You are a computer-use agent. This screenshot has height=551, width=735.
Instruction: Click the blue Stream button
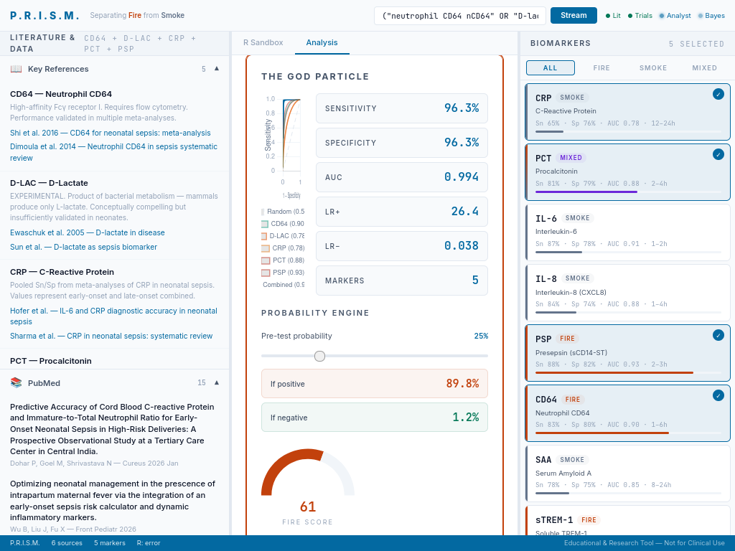574,15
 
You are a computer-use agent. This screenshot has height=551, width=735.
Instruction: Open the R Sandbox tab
263,42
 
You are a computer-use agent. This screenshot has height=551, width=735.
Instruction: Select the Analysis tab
322,42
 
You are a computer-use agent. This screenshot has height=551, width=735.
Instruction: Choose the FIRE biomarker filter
601,67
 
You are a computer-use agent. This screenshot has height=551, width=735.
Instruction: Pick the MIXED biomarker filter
704,67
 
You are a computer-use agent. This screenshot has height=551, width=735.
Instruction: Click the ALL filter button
550,67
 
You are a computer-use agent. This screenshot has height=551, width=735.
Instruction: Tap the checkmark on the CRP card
718,94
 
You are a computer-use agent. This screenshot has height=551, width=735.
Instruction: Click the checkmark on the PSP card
718,335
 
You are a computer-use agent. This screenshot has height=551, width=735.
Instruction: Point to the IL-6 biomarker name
546,218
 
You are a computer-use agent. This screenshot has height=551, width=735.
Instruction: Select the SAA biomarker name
543,459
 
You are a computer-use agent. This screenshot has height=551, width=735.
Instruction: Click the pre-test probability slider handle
320,356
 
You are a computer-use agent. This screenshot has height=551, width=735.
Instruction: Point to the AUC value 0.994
462,176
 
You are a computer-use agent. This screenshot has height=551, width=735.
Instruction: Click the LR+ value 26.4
464,211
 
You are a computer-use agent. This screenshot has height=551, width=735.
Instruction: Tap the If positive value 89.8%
462,383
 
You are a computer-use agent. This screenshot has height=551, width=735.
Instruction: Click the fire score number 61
308,507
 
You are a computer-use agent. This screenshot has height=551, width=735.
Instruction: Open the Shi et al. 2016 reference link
111,133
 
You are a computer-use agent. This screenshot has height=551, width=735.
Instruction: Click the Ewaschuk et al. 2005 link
88,232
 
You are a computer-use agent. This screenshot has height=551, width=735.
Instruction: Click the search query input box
459,16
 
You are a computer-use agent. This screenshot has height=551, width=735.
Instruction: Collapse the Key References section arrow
217,69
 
